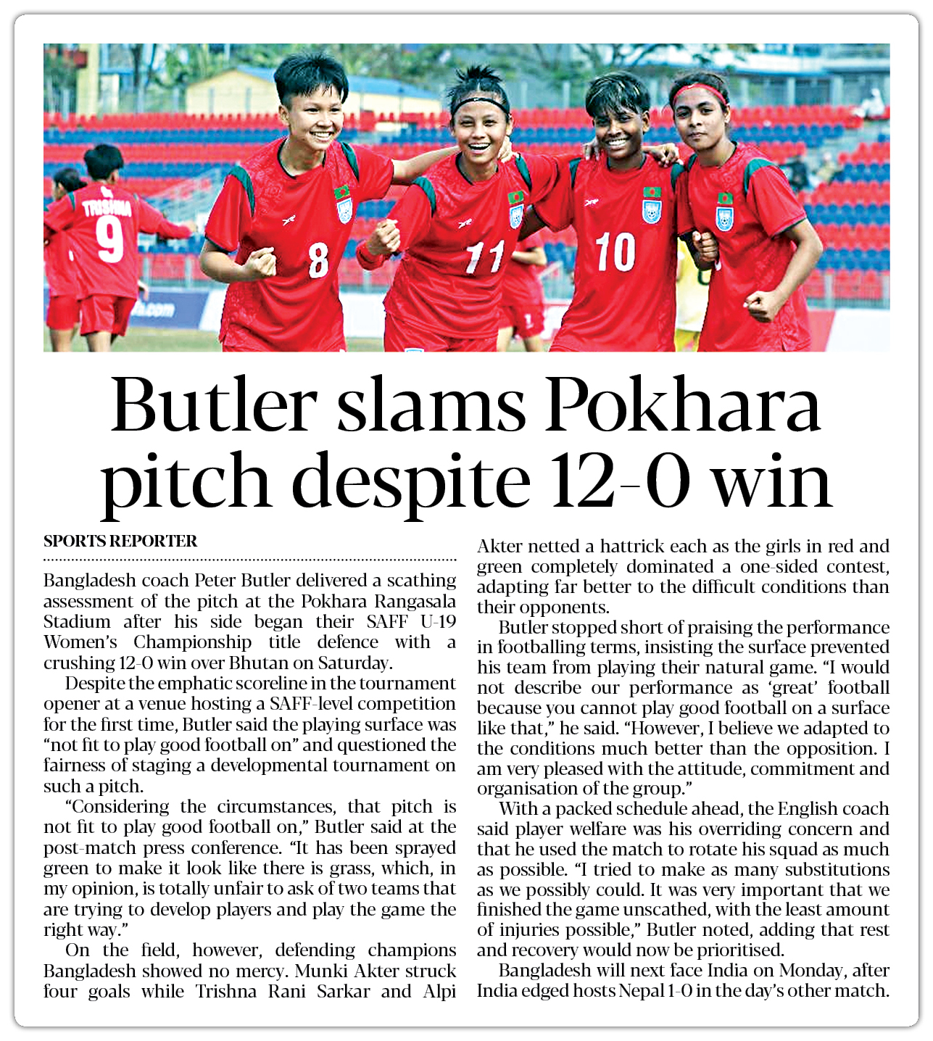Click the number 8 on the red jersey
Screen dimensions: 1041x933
318,260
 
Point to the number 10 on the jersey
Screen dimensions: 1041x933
615,252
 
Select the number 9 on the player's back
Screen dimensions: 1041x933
109,240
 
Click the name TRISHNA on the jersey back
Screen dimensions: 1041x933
107,208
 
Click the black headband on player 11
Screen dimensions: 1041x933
479,104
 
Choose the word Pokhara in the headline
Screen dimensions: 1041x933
683,406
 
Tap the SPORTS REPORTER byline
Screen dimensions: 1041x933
120,542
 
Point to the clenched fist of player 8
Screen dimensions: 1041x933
260,262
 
